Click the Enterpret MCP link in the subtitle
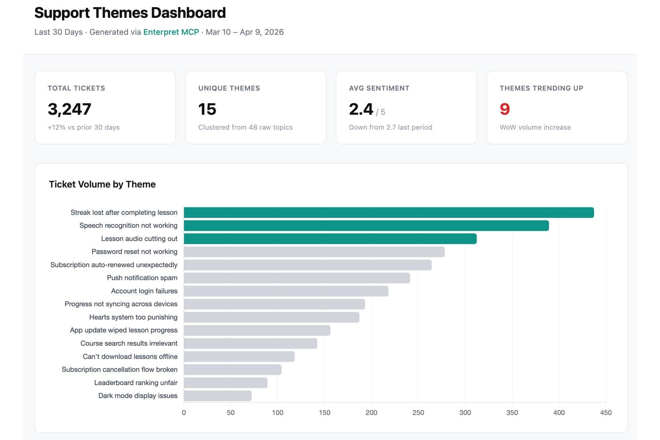171,32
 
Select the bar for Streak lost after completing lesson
388,213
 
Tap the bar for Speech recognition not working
366,226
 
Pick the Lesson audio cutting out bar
330,239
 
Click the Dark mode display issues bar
218,396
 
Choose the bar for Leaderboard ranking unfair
225,383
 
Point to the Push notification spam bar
297,278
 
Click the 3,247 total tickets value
69,109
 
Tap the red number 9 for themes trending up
505,109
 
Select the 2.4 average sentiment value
361,109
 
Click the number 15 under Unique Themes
207,109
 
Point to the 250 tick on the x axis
418,413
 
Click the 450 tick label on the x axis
606,413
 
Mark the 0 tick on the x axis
184,413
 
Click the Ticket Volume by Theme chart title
102,185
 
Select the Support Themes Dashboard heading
130,13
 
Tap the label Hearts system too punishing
133,317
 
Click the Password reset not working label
134,252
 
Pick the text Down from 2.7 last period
390,127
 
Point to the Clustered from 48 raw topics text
245,127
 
